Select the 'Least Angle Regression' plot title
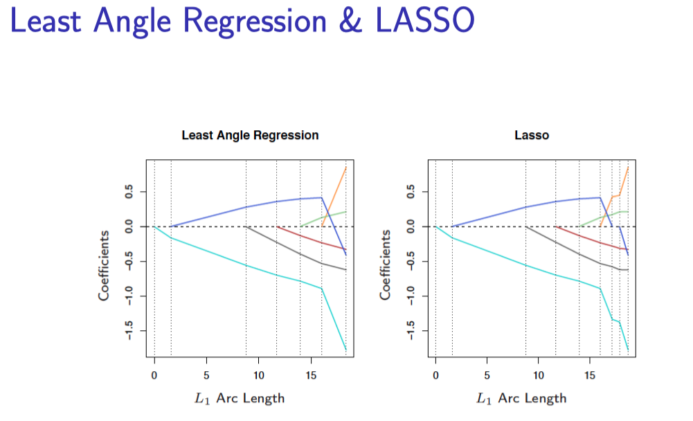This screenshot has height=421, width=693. tap(250, 135)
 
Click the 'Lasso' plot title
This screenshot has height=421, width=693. tap(532, 135)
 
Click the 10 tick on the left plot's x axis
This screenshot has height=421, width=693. tap(258, 375)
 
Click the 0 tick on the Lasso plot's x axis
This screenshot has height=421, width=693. tap(435, 375)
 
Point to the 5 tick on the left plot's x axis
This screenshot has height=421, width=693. tap(206, 375)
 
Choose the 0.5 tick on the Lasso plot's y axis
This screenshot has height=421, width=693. tap(411, 192)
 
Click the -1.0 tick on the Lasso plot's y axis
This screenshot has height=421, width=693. tap(411, 296)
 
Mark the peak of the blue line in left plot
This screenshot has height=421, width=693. tap(321, 197)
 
